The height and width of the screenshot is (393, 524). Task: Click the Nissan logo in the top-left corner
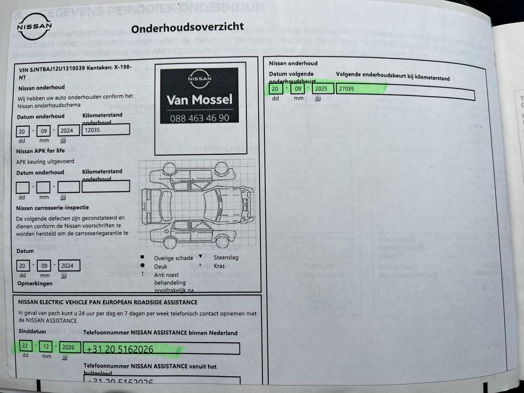34,27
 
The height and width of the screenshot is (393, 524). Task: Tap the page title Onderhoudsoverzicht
187,28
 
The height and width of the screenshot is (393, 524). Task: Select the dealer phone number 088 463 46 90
199,118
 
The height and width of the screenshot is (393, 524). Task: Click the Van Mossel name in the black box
199,99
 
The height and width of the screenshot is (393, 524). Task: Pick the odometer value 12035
93,130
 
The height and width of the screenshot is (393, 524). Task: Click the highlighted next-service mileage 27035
346,89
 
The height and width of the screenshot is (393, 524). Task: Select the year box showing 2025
321,89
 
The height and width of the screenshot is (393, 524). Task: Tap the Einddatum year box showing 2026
68,347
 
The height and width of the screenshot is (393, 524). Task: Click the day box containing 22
25,346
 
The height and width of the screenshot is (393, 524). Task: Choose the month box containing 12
46,347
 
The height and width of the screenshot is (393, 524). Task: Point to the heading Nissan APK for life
41,151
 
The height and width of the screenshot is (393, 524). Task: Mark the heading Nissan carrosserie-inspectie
52,208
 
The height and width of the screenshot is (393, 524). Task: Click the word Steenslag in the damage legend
226,257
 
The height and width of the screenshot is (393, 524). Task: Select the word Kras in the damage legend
219,266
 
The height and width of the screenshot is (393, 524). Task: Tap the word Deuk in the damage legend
160,267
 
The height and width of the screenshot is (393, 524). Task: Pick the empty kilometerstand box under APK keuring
106,187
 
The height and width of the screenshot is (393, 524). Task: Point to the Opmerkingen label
35,283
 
